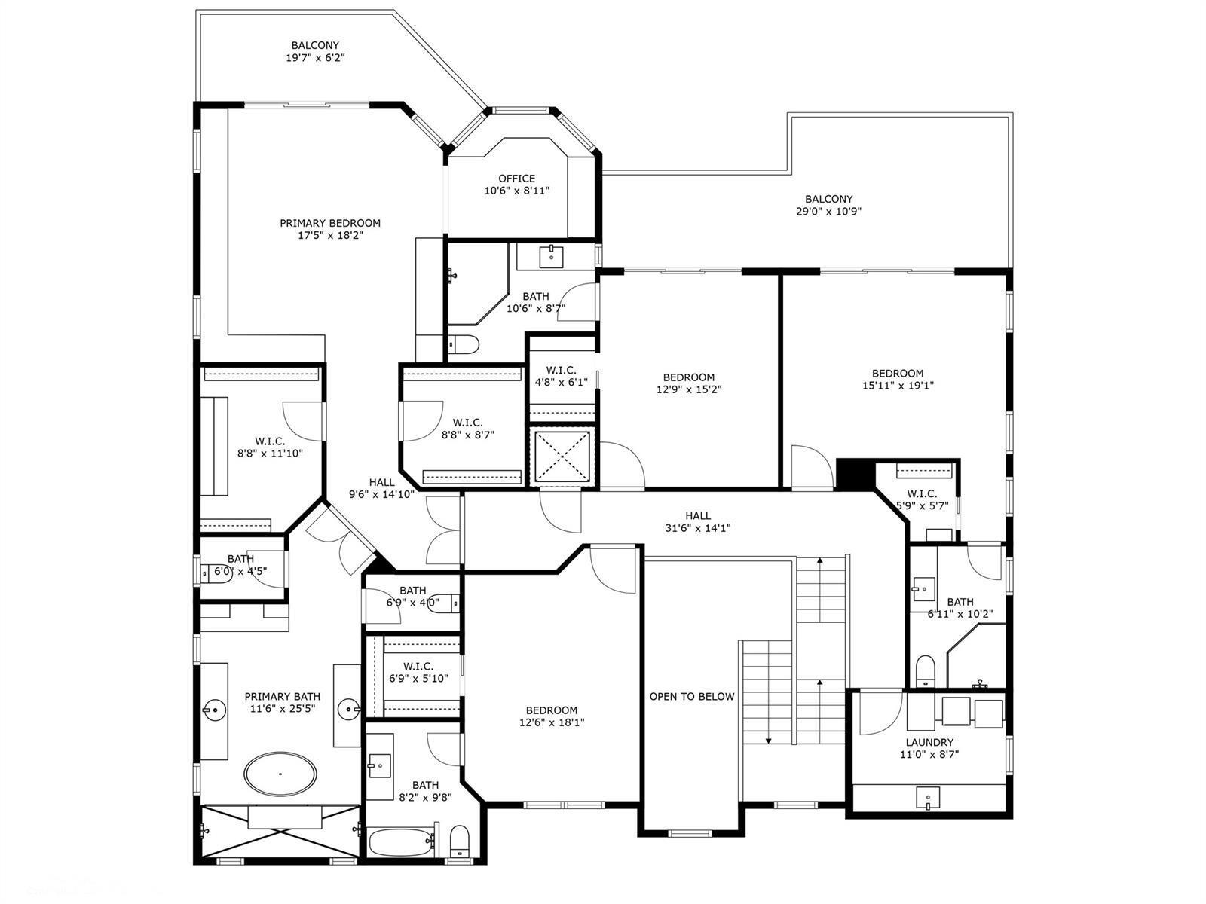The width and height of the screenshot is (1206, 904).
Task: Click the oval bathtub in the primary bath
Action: [280, 774]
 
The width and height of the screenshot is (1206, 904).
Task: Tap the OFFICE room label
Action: [516, 179]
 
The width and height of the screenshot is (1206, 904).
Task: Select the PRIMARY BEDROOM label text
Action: [329, 223]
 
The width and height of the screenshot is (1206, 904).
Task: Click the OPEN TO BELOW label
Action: [692, 697]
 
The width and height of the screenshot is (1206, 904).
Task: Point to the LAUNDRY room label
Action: [929, 742]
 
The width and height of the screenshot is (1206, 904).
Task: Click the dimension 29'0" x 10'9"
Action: [828, 212]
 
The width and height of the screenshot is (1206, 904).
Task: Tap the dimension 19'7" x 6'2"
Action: [315, 58]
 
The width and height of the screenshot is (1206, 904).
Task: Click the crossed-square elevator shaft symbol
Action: [562, 457]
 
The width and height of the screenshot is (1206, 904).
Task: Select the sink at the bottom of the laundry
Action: [927, 798]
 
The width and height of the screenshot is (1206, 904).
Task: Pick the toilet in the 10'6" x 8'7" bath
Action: [464, 345]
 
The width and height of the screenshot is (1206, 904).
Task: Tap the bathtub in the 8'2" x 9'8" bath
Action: [401, 842]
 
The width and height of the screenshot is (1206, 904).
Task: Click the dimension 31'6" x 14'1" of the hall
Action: [698, 528]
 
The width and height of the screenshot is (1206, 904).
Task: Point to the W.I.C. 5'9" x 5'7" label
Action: [923, 499]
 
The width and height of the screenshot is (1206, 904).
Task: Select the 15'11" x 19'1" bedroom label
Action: [898, 379]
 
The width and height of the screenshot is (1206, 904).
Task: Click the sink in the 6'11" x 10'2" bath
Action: [923, 589]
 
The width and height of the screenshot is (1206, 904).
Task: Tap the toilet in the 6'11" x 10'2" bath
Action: [926, 670]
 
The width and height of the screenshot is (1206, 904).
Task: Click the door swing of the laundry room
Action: [880, 713]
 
